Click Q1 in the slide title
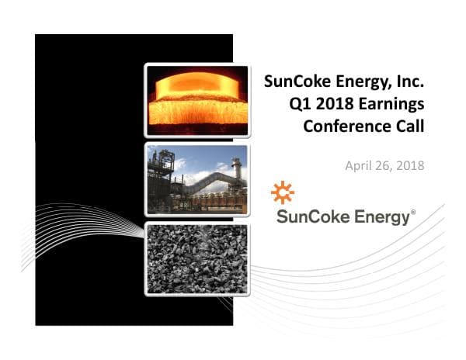click(296, 103)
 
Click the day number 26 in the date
click(383, 165)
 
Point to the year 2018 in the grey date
click(409, 165)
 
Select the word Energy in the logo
click(379, 218)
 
